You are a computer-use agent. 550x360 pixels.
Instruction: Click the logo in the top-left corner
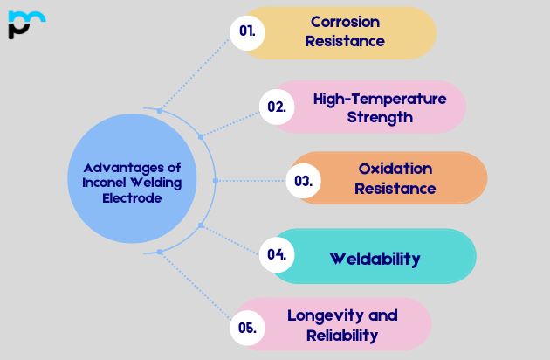pos(25,24)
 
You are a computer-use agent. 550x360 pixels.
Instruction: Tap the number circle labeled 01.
pos(247,31)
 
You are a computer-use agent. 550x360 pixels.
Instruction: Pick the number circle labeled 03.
pos(304,181)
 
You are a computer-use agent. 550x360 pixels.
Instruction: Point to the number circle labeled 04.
pos(277,254)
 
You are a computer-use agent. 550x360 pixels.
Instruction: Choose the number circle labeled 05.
pos(246,328)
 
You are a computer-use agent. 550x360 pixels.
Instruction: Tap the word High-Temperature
pos(379,99)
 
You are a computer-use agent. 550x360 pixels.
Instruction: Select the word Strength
pos(380,117)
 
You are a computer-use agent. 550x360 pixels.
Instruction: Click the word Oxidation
pos(395,169)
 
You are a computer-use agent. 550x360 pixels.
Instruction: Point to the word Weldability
pos(375,258)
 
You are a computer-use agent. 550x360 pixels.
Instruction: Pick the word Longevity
pos(320,315)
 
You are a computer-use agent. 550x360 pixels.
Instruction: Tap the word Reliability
pos(342,335)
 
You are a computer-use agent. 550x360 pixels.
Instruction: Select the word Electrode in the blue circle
pos(131,197)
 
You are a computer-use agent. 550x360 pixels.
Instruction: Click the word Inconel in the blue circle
pos(93,183)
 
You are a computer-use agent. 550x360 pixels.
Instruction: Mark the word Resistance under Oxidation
pos(395,188)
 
